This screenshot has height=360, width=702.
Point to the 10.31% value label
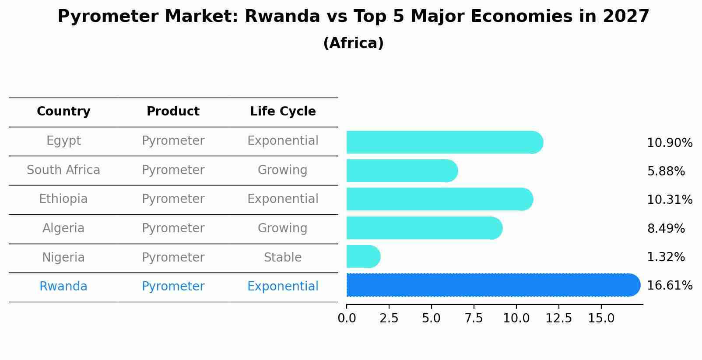(669, 200)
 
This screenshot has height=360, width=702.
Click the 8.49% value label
(665, 228)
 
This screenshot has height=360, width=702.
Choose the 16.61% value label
(669, 286)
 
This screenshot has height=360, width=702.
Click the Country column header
(63, 112)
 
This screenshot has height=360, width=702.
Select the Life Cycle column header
(283, 112)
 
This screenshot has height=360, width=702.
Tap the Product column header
(173, 112)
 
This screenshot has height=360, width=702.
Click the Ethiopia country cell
(63, 199)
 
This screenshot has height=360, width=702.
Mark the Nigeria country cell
(63, 257)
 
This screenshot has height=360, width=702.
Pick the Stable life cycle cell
(283, 257)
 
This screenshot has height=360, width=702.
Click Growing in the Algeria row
(283, 228)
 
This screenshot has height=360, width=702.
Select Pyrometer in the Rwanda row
(173, 287)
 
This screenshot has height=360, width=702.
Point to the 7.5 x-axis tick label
(474, 318)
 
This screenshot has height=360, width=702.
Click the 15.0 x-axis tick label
(601, 318)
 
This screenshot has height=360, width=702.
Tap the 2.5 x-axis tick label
(389, 318)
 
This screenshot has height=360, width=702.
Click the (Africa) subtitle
(353, 43)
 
